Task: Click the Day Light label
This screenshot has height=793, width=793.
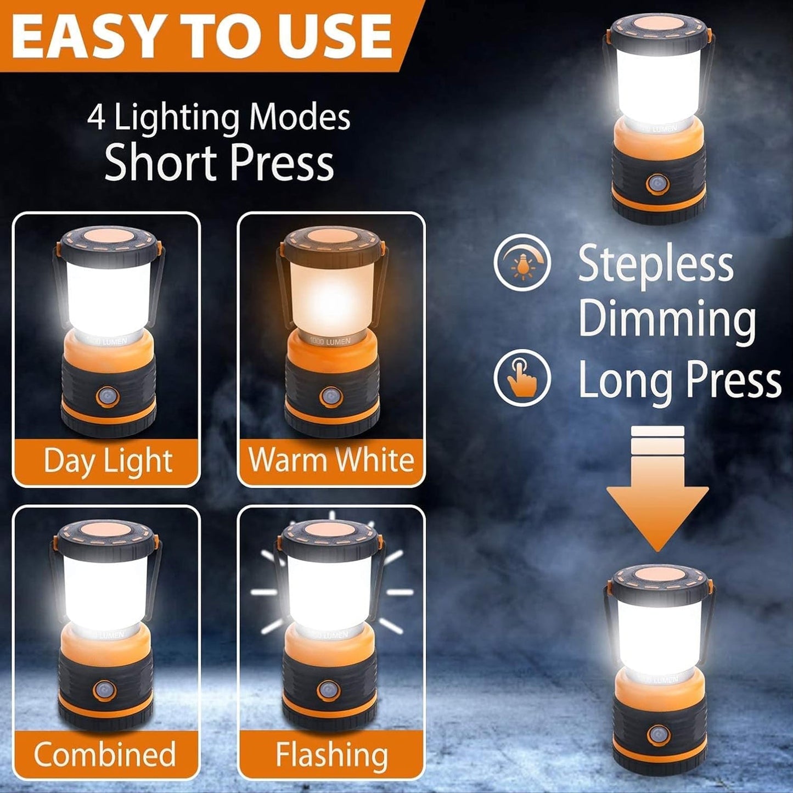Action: coord(108,460)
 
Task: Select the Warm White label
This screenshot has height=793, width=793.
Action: coord(331,460)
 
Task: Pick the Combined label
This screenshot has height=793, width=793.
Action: coord(104,754)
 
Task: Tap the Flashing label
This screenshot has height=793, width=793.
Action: coord(331,754)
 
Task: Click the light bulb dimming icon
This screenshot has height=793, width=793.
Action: coord(522,263)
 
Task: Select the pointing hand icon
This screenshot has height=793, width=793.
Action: coord(521,378)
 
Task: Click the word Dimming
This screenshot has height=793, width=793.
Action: coord(667,319)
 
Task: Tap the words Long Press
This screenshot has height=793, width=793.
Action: coord(679,380)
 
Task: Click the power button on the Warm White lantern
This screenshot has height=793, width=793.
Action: coord(330,396)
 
